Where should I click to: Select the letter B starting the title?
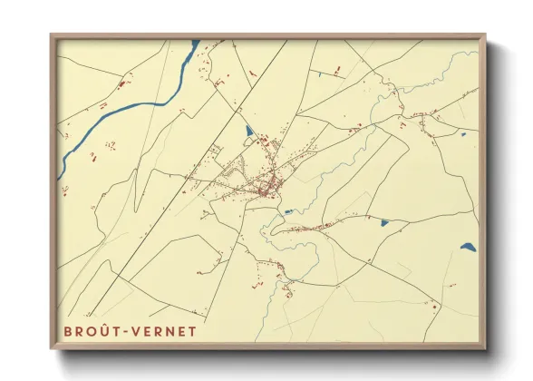click(x=68, y=331)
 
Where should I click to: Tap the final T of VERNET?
click(x=191, y=331)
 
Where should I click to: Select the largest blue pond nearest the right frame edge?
click(x=467, y=246)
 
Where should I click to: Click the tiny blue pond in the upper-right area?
click(x=462, y=134)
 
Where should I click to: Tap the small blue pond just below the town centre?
click(x=287, y=212)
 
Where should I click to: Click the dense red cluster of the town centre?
click(x=266, y=187)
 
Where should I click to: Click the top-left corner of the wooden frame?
click(x=52, y=37)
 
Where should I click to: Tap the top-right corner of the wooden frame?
click(x=485, y=37)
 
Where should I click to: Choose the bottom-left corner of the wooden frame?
click(x=52, y=348)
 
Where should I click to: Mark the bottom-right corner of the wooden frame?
click(x=485, y=348)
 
